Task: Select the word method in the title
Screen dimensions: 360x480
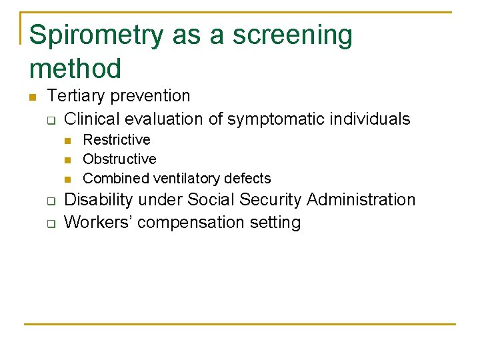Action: [75, 69]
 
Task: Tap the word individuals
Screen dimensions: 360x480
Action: [373, 119]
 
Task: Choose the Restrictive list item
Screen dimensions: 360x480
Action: [117, 140]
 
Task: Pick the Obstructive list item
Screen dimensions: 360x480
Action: [119, 159]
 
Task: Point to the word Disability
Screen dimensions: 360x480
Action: [95, 200]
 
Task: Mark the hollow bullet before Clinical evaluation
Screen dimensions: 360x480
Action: [49, 121]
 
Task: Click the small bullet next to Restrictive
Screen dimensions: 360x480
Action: [67, 141]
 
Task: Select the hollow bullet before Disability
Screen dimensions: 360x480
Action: [49, 201]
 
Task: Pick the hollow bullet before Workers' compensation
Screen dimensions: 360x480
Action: [49, 223]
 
